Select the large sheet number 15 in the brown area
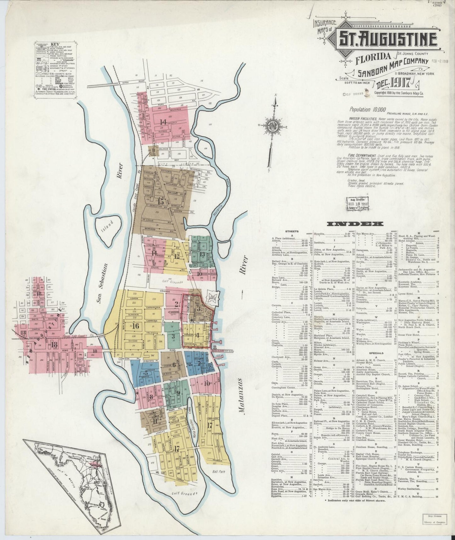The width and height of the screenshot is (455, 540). (161, 201)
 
